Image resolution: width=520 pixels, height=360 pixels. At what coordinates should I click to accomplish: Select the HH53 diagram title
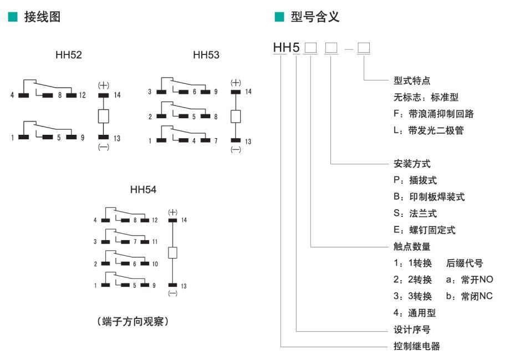pyautogui.click(x=206, y=55)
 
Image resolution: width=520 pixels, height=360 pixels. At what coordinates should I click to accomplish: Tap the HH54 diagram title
pyautogui.click(x=143, y=190)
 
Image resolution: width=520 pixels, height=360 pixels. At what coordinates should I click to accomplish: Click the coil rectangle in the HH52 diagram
pyautogui.click(x=103, y=116)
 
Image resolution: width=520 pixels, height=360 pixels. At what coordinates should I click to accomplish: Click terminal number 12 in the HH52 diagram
pyautogui.click(x=83, y=95)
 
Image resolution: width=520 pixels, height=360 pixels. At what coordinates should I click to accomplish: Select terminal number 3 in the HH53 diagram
pyautogui.click(x=150, y=92)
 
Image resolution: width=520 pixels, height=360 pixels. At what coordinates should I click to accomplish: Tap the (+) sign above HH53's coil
pyautogui.click(x=236, y=82)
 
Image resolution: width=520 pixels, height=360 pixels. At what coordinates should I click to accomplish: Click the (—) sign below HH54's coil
pyautogui.click(x=172, y=293)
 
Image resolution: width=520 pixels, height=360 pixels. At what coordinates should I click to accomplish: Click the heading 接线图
pyautogui.click(x=42, y=17)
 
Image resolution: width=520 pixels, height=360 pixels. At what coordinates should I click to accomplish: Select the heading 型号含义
pyautogui.click(x=315, y=17)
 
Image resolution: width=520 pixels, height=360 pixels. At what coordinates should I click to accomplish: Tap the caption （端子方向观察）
pyautogui.click(x=131, y=322)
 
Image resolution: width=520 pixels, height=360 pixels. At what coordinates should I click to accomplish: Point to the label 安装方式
pyautogui.click(x=408, y=164)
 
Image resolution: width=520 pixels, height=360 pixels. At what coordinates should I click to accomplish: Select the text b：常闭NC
pyautogui.click(x=469, y=296)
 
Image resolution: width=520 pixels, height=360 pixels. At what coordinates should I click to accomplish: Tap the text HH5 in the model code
pyautogui.click(x=287, y=48)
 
